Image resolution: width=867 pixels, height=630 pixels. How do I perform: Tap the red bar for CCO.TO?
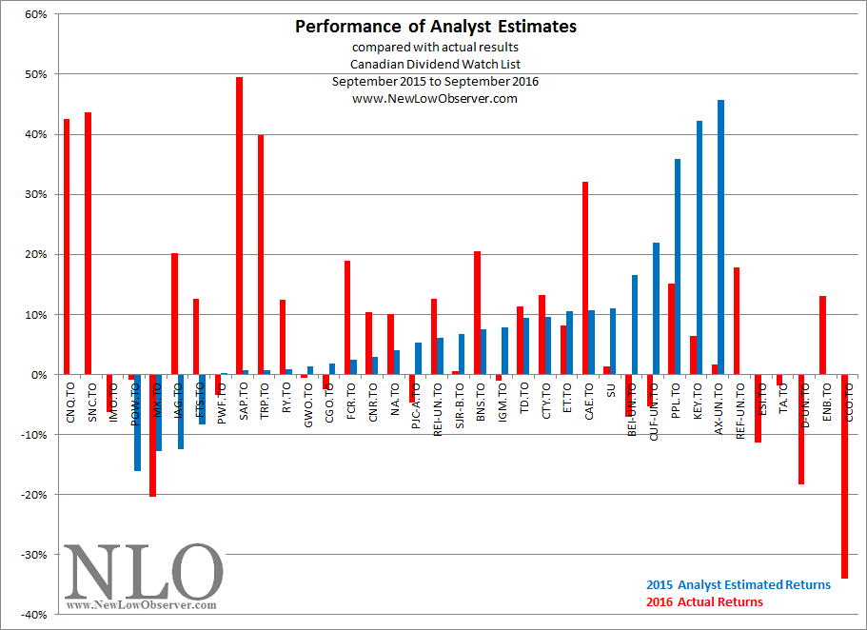844,476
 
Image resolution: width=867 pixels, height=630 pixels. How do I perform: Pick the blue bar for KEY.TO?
700,247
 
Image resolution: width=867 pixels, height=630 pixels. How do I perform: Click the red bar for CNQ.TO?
67,246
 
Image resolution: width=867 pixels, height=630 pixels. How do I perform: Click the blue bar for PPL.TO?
678,266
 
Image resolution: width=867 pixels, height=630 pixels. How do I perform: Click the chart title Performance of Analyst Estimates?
435,27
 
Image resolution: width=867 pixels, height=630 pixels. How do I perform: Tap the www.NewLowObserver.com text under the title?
435,98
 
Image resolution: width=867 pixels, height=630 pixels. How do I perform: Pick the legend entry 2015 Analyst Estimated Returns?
738,584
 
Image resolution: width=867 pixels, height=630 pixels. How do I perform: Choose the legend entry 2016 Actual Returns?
703,601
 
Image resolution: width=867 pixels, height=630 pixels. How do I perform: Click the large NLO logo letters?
143,571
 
